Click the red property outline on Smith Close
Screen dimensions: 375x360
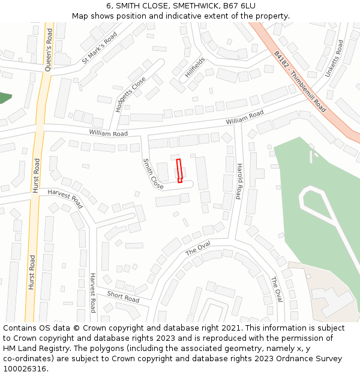click(179, 170)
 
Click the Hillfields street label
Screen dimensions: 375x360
click(195, 68)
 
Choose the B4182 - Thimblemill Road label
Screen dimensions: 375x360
click(300, 81)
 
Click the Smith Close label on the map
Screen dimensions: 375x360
click(153, 174)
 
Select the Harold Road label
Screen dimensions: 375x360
click(239, 181)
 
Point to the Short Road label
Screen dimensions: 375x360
click(123, 296)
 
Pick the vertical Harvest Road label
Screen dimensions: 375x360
click(92, 293)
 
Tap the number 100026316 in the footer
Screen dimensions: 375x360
click(25, 369)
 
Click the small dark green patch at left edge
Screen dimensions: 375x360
click(4, 98)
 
